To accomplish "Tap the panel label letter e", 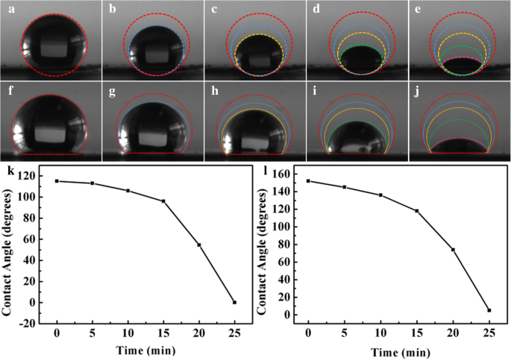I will [x=415, y=8].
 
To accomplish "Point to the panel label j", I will [x=415, y=89].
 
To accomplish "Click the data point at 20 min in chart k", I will [x=199, y=244].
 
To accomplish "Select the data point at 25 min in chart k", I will [x=234, y=302].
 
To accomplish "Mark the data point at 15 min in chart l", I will [x=416, y=211].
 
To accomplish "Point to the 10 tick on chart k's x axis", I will [x=128, y=334].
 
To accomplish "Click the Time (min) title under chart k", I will [x=145, y=350].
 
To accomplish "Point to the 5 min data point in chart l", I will [x=345, y=187].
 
